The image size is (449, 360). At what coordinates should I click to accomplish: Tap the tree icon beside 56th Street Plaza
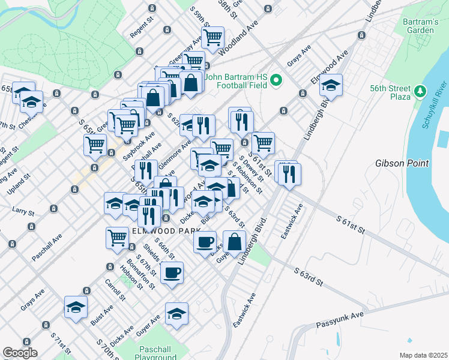pyautogui.click(x=420, y=92)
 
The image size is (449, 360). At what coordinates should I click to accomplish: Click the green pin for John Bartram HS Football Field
pyautogui.click(x=277, y=79)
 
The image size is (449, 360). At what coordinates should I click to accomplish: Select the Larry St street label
pyautogui.click(x=23, y=210)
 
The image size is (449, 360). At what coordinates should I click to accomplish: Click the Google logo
pyautogui.click(x=20, y=353)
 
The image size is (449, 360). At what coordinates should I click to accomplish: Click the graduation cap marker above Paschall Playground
pyautogui.click(x=177, y=314)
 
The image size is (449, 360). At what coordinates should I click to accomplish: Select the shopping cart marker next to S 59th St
pyautogui.click(x=212, y=37)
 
